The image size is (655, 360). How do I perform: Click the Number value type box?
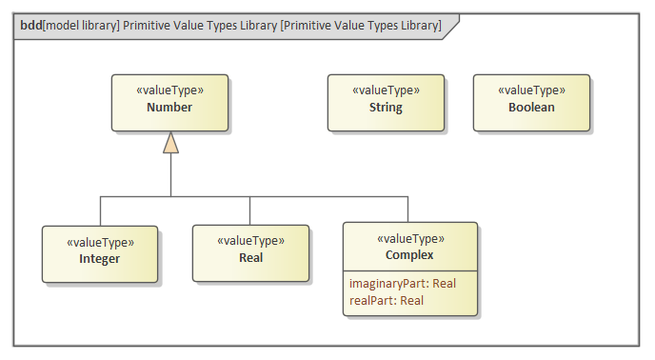click(169, 102)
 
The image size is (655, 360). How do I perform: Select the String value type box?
click(386, 102)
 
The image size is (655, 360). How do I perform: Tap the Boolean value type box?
click(531, 102)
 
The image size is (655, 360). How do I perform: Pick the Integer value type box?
click(99, 253)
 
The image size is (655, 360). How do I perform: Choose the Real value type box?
click(250, 253)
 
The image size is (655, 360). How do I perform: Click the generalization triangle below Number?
click(170, 143)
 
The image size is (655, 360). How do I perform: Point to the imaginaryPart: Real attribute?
click(403, 283)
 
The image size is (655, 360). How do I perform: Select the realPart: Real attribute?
click(386, 300)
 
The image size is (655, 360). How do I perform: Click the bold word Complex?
click(410, 254)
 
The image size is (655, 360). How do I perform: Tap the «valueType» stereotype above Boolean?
click(531, 90)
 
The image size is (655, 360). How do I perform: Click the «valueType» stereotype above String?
click(386, 90)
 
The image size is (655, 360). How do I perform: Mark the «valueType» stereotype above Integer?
click(99, 242)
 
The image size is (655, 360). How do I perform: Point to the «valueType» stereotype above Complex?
click(410, 238)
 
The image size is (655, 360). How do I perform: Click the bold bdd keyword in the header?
click(30, 26)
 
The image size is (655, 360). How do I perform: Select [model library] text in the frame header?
click(81, 26)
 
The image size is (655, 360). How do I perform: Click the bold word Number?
click(169, 108)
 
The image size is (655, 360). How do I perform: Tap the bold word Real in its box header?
click(250, 257)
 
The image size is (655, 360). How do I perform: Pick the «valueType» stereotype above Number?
click(169, 90)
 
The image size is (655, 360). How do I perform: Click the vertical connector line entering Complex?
click(408, 209)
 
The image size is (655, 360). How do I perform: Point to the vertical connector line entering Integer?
click(100, 210)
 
